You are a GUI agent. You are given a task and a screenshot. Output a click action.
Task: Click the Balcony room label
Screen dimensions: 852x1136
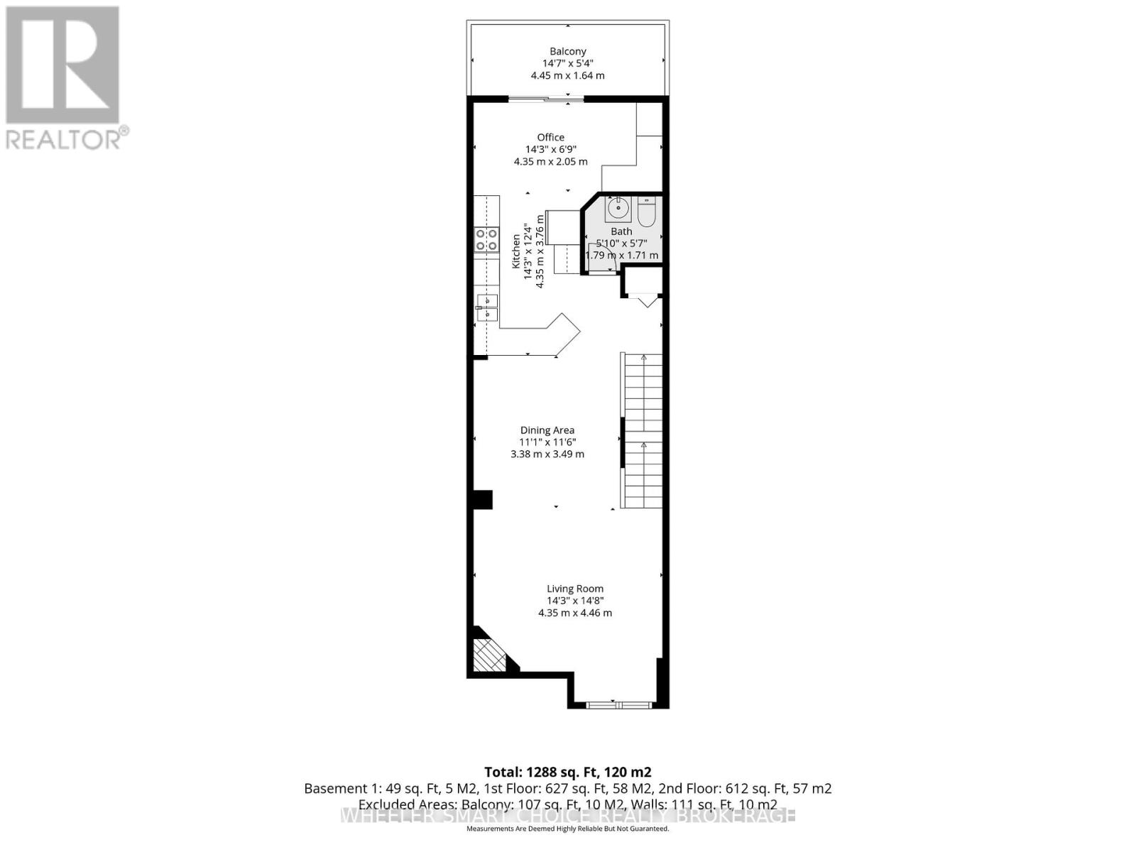coord(567,51)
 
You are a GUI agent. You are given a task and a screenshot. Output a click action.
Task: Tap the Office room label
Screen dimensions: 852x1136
coord(550,137)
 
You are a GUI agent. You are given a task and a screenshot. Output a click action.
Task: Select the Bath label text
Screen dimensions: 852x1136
coord(621,231)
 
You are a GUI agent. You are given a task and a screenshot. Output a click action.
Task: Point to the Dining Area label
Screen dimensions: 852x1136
coord(547,430)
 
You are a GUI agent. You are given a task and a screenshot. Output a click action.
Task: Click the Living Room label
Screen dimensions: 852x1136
coord(574,588)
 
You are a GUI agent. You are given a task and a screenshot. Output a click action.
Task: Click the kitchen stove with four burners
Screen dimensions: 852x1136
coord(486,239)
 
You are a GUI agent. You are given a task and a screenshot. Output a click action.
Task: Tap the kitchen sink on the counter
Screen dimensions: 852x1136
coord(487,308)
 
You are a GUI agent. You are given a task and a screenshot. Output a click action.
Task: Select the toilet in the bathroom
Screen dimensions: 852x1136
coord(646,211)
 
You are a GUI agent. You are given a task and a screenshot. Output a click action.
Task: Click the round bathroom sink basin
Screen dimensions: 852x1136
coord(618,208)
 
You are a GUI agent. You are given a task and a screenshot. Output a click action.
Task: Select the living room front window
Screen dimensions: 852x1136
coord(618,704)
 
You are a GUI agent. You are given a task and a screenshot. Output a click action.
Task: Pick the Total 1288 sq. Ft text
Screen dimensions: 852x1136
coord(567,772)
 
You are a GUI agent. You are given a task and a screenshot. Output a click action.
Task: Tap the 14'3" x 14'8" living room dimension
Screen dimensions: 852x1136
coord(574,601)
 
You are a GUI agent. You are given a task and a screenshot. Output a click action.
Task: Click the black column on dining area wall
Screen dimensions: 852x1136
coord(483,500)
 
